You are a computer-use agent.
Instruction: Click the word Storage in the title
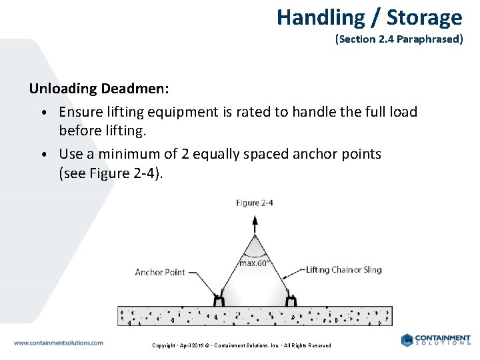(424, 17)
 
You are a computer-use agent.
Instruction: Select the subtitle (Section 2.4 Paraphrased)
(399, 39)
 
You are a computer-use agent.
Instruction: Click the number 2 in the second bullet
(186, 154)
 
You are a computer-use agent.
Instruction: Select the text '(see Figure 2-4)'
(111, 173)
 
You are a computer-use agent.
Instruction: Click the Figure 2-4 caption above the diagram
(255, 203)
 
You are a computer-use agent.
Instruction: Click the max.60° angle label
(254, 263)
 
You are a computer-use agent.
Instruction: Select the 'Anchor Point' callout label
(160, 272)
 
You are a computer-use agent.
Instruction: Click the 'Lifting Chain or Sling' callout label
(343, 270)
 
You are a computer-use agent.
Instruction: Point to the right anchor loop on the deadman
(291, 301)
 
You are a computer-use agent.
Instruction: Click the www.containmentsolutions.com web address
(59, 343)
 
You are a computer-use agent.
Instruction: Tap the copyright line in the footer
(241, 345)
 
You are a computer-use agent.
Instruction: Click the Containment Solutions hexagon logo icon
(407, 340)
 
